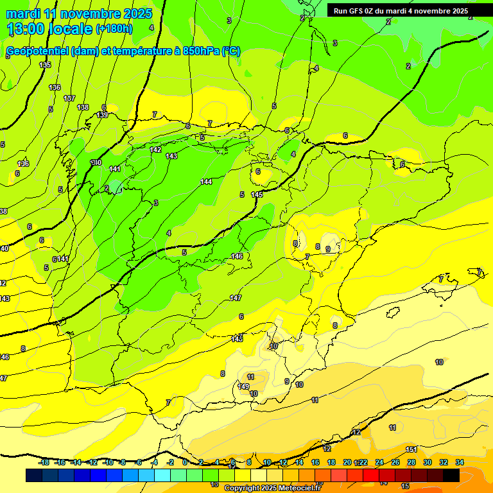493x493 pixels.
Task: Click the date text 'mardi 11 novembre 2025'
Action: (79, 13)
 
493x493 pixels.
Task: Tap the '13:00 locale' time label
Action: (50, 29)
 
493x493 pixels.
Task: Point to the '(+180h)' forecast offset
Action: (114, 29)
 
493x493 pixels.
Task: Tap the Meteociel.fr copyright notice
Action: (272, 489)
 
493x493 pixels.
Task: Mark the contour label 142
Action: (155, 150)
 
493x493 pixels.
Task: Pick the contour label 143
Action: (171, 156)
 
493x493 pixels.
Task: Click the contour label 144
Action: (206, 182)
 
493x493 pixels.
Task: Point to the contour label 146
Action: (237, 256)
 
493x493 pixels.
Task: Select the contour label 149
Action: (243, 386)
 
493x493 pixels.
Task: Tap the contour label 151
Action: (411, 449)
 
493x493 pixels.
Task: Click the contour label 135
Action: (45, 65)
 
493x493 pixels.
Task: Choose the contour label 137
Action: (69, 98)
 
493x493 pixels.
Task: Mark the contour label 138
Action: (83, 107)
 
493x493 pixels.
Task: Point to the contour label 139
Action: (102, 115)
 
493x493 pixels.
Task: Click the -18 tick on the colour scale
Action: (44, 462)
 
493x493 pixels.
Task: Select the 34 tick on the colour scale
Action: (459, 462)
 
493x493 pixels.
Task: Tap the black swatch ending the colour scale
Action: (451, 475)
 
